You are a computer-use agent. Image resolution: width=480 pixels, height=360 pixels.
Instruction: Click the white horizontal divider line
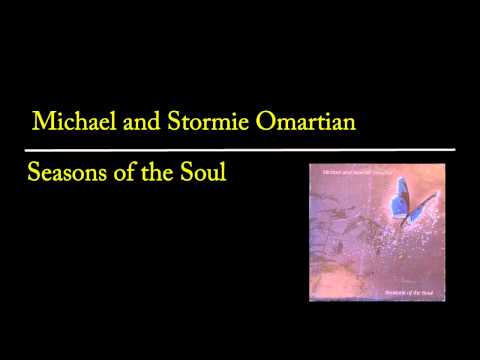(x=240, y=149)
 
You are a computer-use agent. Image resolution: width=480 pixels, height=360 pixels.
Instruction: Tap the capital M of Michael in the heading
(x=43, y=122)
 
